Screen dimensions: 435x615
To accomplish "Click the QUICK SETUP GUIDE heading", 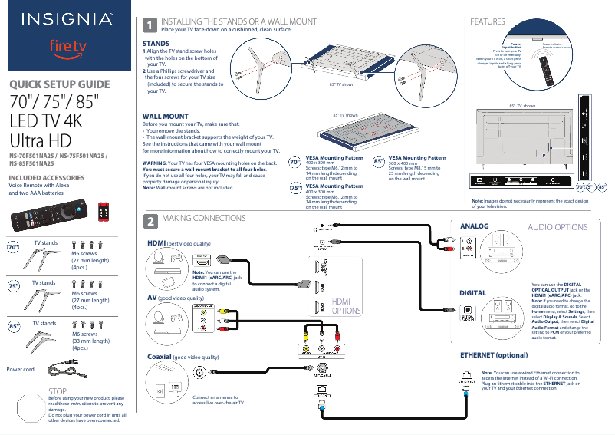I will coord(59,84).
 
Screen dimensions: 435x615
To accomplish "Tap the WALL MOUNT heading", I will coord(165,116).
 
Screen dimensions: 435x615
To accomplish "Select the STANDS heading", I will coord(156,44).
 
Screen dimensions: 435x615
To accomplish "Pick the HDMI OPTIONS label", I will coord(346,307).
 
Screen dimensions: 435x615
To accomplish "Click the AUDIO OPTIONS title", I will coord(557,227).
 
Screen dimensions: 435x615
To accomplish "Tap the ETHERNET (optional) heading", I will coord(494,356).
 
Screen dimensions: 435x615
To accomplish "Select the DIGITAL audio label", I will coord(472,293).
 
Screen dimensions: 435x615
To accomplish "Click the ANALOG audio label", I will coord(474,226).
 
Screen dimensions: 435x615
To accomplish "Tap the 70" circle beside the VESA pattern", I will coord(294,163).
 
